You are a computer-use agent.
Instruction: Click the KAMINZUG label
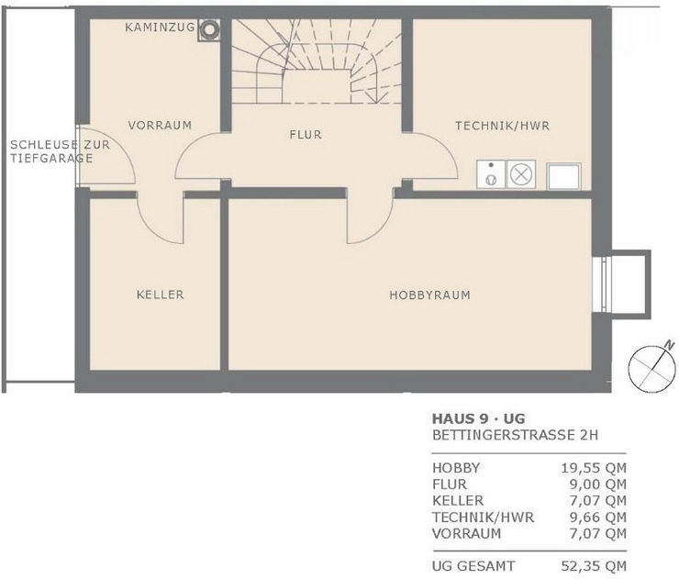160,28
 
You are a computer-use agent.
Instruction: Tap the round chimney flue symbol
209,30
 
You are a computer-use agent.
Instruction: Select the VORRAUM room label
160,126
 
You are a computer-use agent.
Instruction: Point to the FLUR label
306,135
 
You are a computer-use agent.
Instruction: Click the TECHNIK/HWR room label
502,126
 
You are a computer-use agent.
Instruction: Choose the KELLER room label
161,295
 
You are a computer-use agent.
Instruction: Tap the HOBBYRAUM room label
430,295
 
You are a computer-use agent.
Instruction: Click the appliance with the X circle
521,174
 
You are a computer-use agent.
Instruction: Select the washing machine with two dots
491,174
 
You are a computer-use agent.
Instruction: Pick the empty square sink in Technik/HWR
563,176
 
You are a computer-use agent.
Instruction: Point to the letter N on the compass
670,345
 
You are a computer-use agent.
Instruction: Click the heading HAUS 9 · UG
478,418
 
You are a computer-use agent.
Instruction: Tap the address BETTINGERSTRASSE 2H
516,435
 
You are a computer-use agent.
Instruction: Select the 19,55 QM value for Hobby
594,468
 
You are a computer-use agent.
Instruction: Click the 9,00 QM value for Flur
598,484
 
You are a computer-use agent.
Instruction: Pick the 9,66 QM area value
598,518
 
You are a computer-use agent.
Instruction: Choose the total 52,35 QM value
594,566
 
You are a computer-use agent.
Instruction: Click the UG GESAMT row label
473,566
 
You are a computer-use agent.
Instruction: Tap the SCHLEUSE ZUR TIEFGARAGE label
60,151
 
